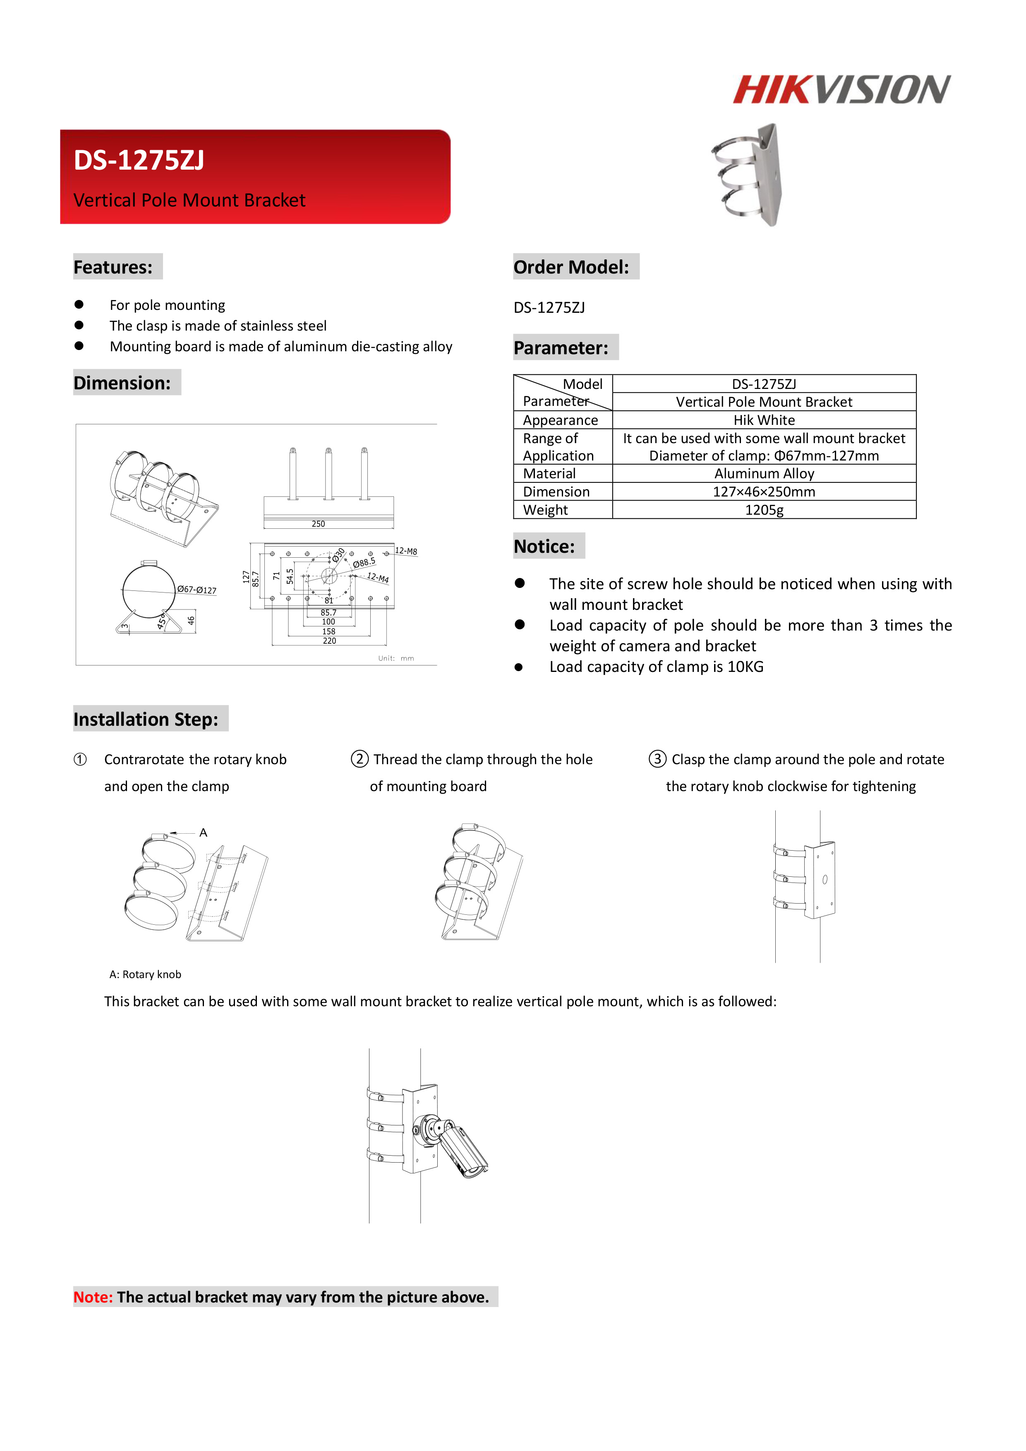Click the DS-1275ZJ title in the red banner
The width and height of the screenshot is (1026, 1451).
coord(139,161)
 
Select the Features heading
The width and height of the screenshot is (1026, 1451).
coord(113,267)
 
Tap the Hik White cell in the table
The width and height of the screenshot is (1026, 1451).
coord(763,420)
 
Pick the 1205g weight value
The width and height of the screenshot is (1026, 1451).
coord(763,510)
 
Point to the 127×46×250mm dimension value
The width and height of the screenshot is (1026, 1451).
coord(763,492)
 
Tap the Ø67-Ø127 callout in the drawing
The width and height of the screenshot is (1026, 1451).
coord(197,590)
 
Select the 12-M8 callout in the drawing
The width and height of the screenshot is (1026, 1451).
coord(405,551)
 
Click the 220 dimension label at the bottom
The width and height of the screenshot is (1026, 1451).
coord(329,641)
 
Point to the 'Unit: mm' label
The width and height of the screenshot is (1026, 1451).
coord(396,659)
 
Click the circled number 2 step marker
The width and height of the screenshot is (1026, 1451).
coord(360,759)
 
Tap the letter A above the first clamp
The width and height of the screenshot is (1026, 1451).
coord(204,833)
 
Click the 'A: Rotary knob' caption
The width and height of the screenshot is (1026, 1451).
coord(145,974)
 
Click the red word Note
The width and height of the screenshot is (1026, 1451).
coord(93,1298)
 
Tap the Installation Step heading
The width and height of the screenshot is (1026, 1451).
coord(146,719)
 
